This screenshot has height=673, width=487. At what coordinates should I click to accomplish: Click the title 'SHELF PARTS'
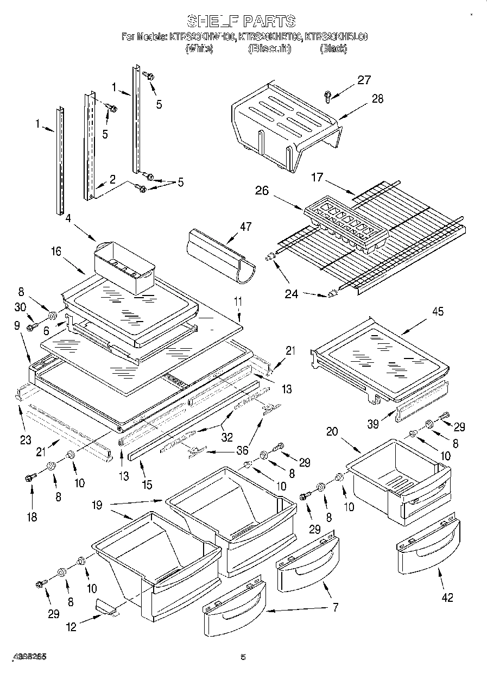(x=241, y=21)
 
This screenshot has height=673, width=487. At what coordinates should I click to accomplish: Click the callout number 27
(x=364, y=80)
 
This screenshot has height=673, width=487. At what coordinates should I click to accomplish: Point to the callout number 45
(x=437, y=312)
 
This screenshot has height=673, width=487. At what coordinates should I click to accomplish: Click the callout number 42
(x=447, y=597)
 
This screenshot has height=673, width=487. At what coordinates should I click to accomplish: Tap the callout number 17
(x=318, y=177)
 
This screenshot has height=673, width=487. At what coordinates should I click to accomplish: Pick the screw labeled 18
(x=29, y=478)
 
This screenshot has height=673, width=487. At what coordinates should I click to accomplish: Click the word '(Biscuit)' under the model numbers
(x=269, y=49)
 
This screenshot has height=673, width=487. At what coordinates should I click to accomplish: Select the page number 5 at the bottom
(x=243, y=657)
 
